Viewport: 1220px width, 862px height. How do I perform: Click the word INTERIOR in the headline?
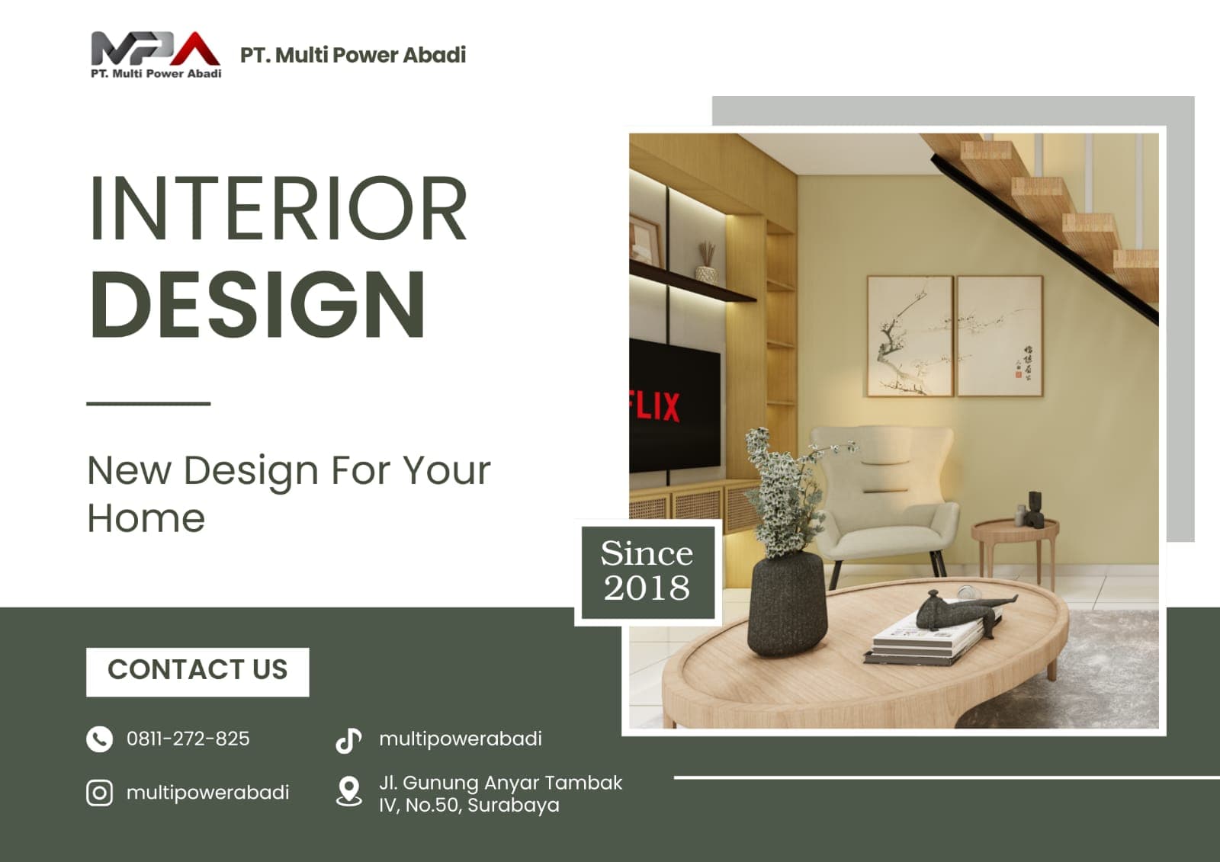point(278,208)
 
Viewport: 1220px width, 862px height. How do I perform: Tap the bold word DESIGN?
point(257,304)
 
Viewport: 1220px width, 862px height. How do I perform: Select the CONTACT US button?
point(197,672)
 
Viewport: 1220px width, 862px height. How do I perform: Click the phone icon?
point(100,739)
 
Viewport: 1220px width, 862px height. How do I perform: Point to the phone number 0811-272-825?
point(188,739)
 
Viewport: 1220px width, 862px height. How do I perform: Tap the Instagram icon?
point(100,793)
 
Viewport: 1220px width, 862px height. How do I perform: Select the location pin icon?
point(348,791)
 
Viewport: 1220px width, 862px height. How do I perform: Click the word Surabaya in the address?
point(513,805)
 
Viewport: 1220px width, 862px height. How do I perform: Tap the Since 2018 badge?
point(648,572)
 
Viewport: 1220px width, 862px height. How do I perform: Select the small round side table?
point(1015,550)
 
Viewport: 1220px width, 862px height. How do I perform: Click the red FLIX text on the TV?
point(655,406)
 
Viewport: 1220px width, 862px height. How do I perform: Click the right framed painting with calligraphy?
point(1000,336)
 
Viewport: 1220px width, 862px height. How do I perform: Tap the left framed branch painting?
point(910,336)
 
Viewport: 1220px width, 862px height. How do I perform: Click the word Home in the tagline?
point(146,518)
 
